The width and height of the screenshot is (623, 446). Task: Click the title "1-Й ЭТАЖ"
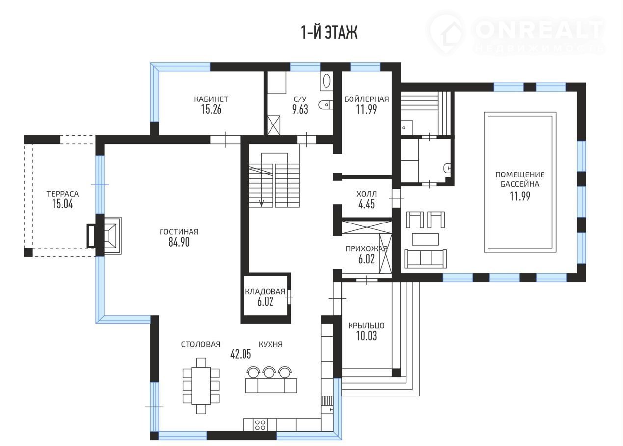click(x=329, y=33)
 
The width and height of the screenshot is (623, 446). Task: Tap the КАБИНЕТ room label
click(x=212, y=99)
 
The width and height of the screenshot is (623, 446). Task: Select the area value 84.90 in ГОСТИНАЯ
click(x=179, y=242)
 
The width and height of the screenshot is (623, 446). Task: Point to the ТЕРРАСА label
click(x=62, y=194)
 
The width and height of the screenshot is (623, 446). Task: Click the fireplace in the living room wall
click(x=108, y=236)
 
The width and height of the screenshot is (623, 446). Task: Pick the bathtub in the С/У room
click(x=326, y=81)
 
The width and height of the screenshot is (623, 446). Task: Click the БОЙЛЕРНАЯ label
click(x=367, y=99)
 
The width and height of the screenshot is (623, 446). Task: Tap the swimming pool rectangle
click(x=520, y=182)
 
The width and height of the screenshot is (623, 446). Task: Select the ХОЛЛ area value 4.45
click(x=367, y=204)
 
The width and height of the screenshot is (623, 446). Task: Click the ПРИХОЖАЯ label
click(x=367, y=249)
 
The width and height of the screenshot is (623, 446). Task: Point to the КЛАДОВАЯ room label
click(x=265, y=291)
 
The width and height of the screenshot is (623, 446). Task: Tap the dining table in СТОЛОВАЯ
click(x=201, y=386)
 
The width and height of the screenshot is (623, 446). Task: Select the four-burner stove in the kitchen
click(x=260, y=425)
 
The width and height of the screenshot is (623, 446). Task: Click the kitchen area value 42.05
click(x=241, y=354)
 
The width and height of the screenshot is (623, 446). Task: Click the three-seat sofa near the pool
click(x=426, y=259)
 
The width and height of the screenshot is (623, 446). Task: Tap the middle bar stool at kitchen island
click(x=269, y=372)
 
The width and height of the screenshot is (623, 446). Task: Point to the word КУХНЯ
click(x=271, y=345)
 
